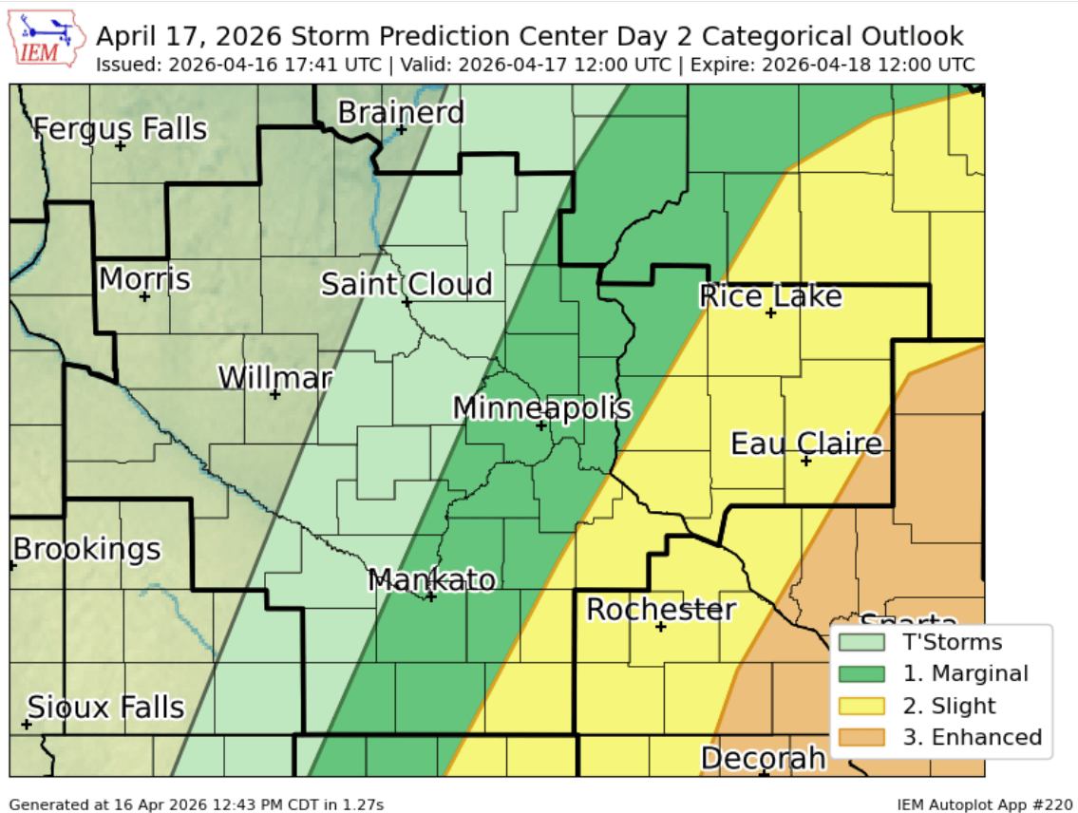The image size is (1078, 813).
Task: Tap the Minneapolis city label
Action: pyautogui.click(x=541, y=407)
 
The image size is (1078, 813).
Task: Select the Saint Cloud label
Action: pyautogui.click(x=407, y=284)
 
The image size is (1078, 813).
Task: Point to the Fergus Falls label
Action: pyautogui.click(x=121, y=128)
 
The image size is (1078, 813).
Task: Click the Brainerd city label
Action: pyautogui.click(x=402, y=112)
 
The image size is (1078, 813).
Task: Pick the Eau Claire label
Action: pyautogui.click(x=806, y=444)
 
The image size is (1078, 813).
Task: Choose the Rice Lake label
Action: pyautogui.click(x=770, y=296)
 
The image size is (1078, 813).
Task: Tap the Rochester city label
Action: pyautogui.click(x=661, y=609)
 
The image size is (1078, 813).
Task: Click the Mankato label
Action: pyautogui.click(x=432, y=579)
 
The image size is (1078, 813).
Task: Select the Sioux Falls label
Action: pyautogui.click(x=105, y=707)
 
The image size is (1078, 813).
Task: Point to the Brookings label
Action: pyautogui.click(x=86, y=549)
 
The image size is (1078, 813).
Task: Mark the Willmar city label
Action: pyautogui.click(x=275, y=378)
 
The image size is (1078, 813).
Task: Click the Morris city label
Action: pyautogui.click(x=144, y=279)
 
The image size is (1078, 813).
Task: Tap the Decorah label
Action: pyautogui.click(x=764, y=758)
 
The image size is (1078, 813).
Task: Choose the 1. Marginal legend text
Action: pyautogui.click(x=965, y=673)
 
